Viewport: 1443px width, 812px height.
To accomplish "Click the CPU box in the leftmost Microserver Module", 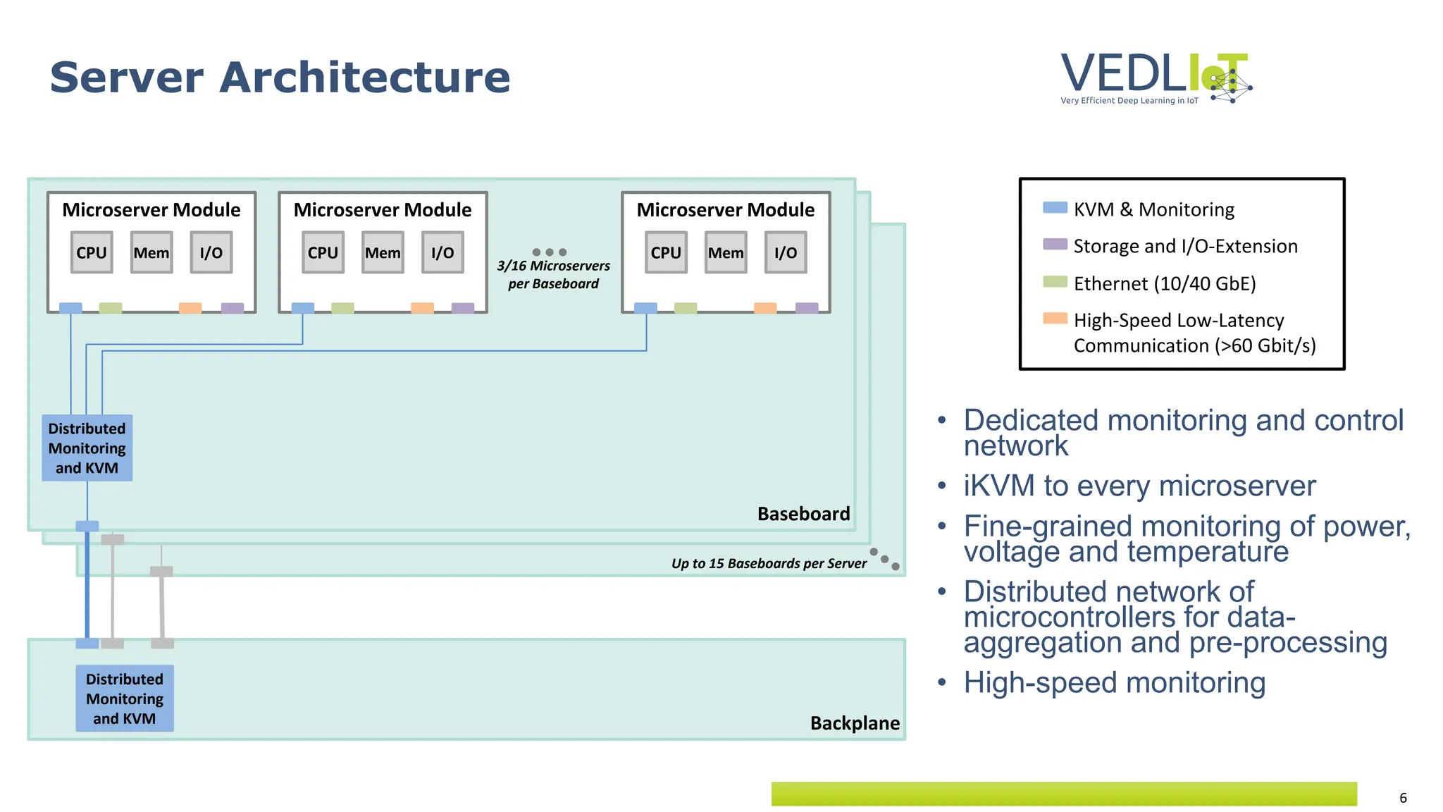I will (92, 252).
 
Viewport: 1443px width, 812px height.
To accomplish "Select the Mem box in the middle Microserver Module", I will (383, 252).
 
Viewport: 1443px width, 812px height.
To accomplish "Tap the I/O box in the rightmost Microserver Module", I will (786, 252).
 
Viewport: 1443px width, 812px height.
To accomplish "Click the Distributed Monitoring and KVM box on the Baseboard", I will (87, 448).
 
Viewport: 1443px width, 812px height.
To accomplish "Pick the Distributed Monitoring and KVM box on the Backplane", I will (125, 699).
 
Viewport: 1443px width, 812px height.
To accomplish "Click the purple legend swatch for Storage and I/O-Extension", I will (1055, 244).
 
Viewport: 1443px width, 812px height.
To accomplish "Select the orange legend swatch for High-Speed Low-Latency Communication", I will (1055, 318).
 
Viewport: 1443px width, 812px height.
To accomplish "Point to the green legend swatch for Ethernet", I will (1055, 281).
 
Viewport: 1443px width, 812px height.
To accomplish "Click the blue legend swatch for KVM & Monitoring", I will (1055, 207).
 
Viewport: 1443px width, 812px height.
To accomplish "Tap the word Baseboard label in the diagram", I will (803, 514).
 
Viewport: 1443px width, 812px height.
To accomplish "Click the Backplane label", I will (855, 723).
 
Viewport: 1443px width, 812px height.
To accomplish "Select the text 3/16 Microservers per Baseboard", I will (554, 275).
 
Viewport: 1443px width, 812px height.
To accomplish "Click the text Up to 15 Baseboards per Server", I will (769, 563).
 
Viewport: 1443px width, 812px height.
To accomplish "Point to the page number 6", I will (1403, 798).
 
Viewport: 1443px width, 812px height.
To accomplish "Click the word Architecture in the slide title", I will (364, 77).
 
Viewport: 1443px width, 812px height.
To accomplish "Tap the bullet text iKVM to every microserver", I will (1139, 486).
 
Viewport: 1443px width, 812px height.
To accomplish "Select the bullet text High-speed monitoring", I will (1115, 682).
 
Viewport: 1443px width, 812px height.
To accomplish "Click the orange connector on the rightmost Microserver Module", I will (765, 308).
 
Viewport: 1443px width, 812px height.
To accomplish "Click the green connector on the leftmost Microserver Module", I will (111, 308).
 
